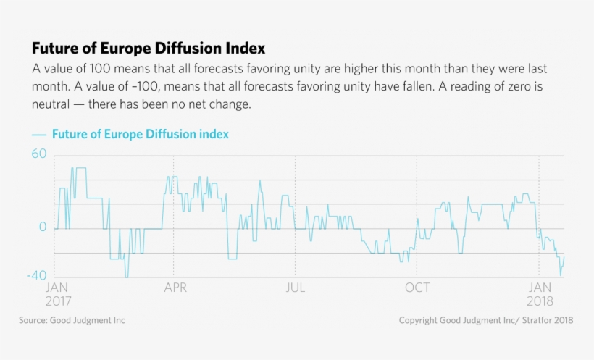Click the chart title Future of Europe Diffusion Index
click(148, 49)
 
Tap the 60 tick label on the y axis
click(38, 154)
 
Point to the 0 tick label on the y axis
click(43, 227)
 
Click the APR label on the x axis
click(175, 288)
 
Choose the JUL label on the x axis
click(295, 288)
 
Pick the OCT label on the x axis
click(417, 288)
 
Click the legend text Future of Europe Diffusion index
click(141, 134)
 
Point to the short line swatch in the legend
click(39, 135)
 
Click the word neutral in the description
click(54, 104)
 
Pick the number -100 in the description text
click(120, 87)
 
